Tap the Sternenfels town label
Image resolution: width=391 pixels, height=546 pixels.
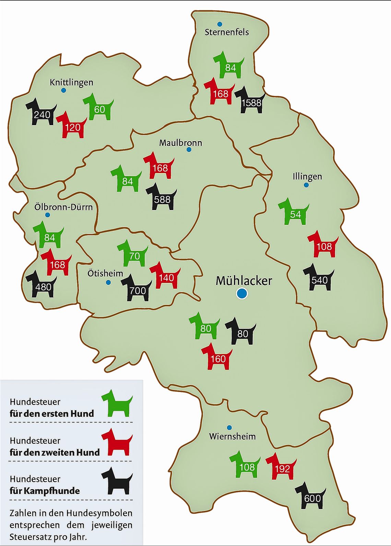tap(227, 32)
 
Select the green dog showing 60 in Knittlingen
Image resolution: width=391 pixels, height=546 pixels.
tap(98, 108)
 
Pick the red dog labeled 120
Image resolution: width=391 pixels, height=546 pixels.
tap(72, 126)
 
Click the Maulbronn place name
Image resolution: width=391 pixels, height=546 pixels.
tap(180, 143)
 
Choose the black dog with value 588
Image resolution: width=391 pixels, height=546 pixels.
tap(162, 198)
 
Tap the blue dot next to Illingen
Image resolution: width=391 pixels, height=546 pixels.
tap(306, 185)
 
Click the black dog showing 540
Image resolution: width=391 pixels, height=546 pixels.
tap(319, 278)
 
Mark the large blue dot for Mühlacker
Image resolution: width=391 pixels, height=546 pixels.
tap(242, 293)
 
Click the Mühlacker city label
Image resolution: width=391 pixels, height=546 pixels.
tap(244, 281)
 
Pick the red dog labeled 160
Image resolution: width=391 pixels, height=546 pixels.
tap(217, 357)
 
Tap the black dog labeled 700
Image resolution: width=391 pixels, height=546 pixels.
tap(137, 289)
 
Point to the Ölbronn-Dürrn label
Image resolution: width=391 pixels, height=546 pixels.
tap(63, 207)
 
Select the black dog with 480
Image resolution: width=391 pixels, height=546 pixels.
tap(42, 285)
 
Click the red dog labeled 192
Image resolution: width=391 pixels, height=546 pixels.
tap(282, 467)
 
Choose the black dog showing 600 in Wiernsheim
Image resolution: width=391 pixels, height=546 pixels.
tap(311, 497)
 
